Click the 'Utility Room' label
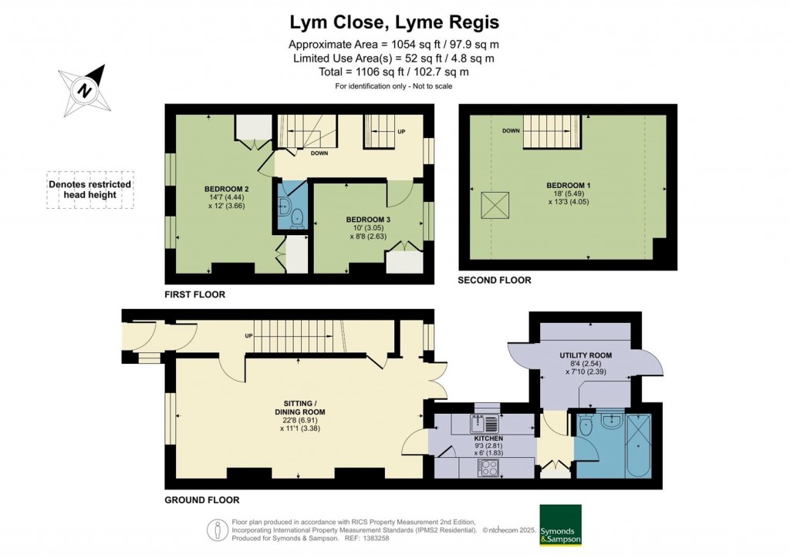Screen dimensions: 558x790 pos(586,355)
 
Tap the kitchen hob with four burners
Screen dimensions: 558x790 pos(489,467)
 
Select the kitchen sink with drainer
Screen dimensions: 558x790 pos(487,423)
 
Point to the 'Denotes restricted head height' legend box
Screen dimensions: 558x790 pos(89,190)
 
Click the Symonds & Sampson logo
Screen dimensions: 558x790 pos(560,525)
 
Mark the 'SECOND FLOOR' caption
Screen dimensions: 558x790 pos(495,281)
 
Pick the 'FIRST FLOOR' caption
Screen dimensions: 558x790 pos(194,294)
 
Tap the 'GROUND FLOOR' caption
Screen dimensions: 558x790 pos(202,499)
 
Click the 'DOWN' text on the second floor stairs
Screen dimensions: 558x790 pos(511,131)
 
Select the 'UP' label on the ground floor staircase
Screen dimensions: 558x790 pos(249,336)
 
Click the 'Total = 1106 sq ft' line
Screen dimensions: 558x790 pos(394,72)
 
